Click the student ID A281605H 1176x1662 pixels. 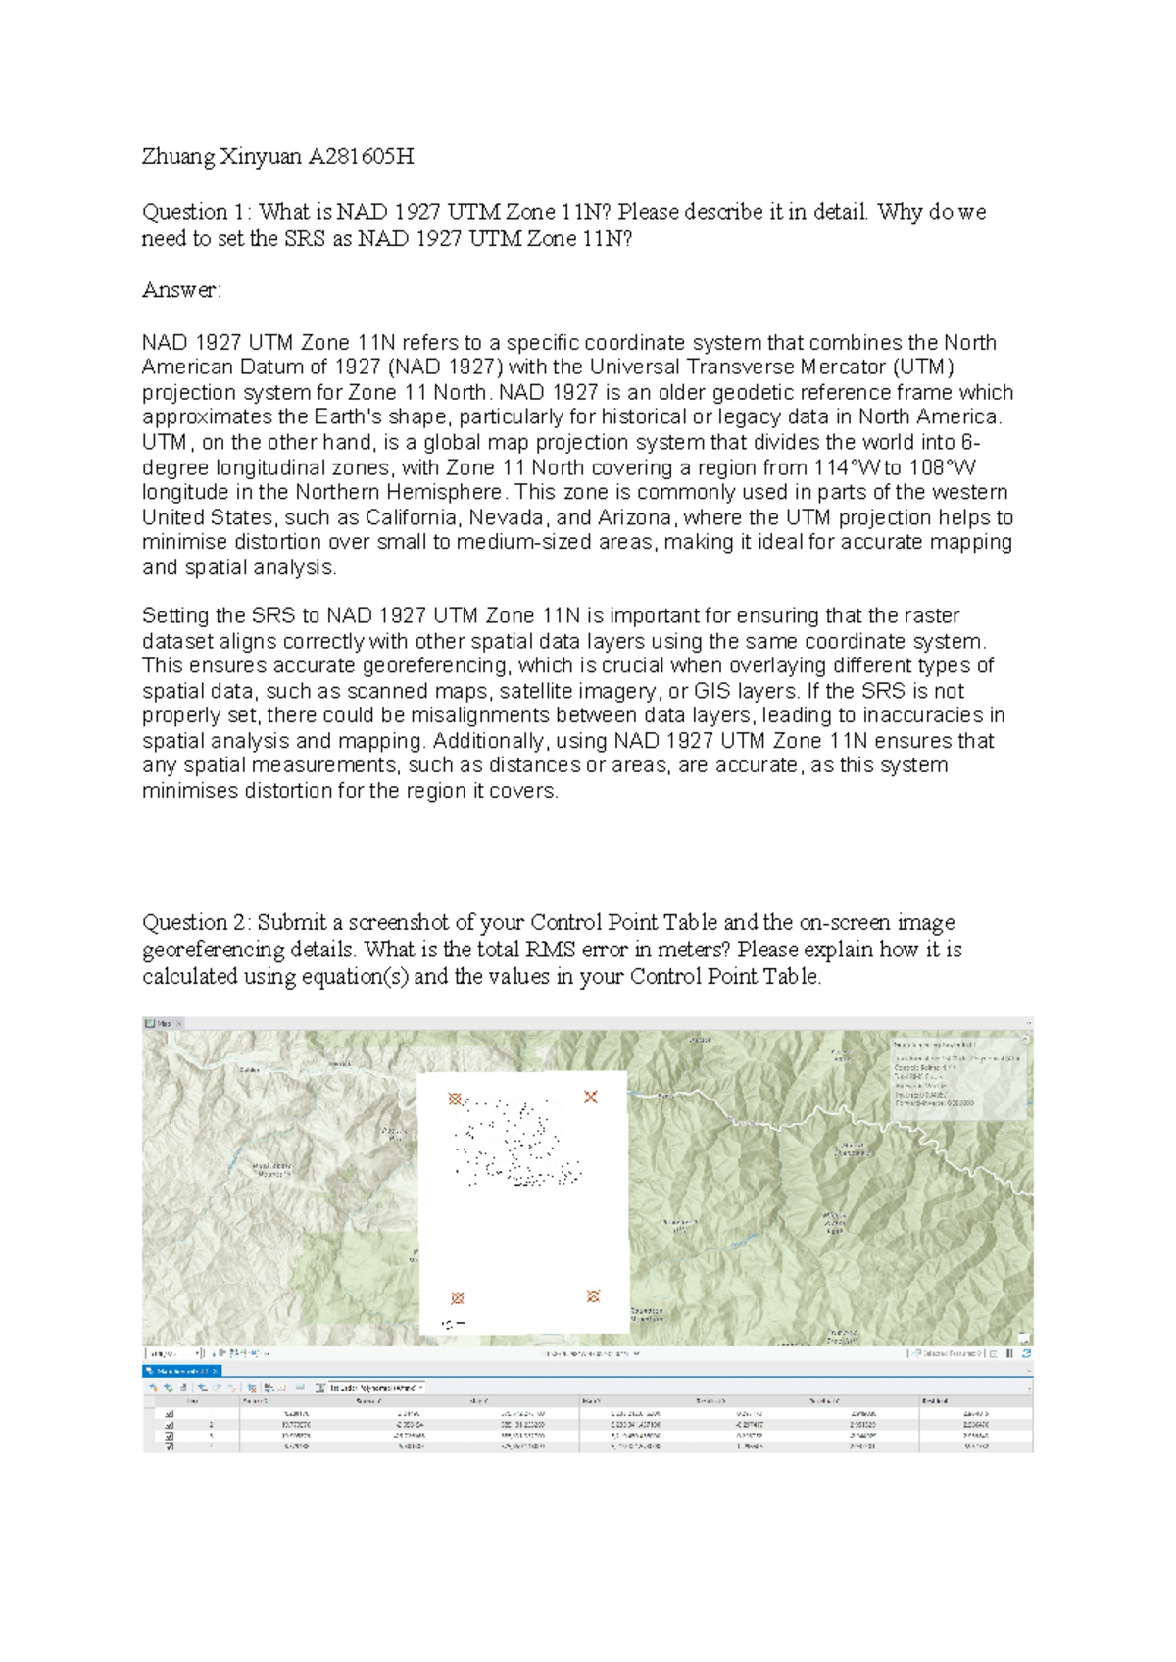click(361, 156)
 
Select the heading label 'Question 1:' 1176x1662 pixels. click(197, 212)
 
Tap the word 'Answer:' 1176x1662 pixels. click(182, 290)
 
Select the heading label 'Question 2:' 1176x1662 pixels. click(197, 923)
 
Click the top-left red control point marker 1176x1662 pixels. click(455, 1100)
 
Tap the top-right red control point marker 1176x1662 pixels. click(590, 1097)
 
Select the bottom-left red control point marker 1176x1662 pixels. click(457, 1298)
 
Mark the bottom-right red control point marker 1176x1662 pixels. click(593, 1296)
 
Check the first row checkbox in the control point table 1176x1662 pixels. click(169, 1414)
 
